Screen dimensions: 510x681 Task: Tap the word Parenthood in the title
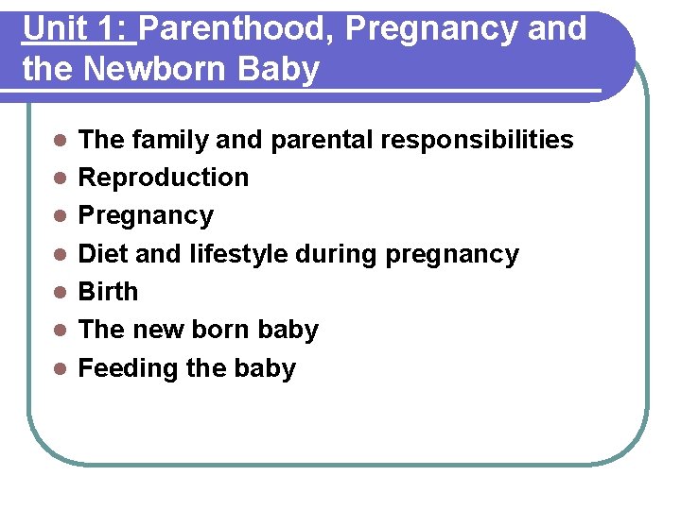click(237, 29)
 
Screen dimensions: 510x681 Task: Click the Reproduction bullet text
click(163, 178)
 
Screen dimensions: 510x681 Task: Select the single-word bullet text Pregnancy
click(146, 216)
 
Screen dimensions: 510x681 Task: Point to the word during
click(336, 254)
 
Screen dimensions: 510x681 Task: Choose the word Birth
click(108, 292)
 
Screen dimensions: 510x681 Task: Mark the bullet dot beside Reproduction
click(59, 178)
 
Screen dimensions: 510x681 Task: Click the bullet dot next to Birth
click(59, 292)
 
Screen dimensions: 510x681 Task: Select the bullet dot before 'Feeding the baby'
click(59, 368)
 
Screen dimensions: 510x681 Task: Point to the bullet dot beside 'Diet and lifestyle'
click(59, 254)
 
